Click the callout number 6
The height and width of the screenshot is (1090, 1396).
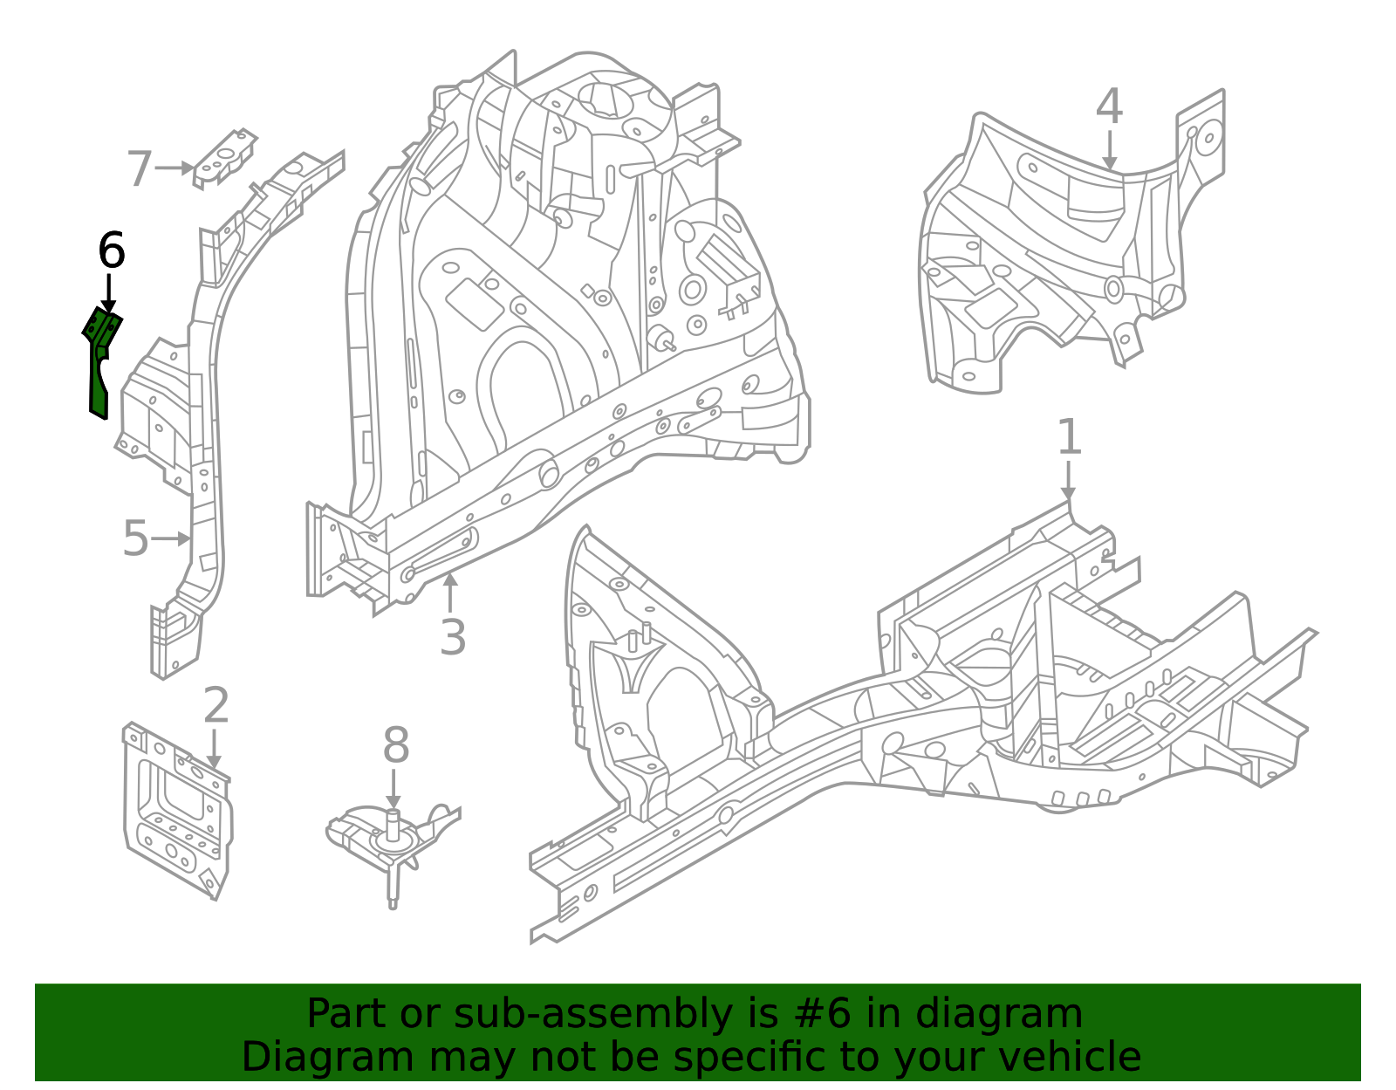[x=111, y=251]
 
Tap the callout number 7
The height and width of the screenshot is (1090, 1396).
[x=140, y=168]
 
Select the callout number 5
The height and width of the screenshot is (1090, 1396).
[x=136, y=538]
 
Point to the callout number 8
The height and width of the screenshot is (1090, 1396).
[x=395, y=747]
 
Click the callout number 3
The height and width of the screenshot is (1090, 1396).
[x=452, y=637]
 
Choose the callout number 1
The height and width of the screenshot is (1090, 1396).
[x=1069, y=437]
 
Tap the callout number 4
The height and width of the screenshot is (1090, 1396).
[x=1108, y=107]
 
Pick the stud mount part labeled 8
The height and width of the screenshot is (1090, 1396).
[x=393, y=842]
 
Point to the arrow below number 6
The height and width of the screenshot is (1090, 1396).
[x=108, y=292]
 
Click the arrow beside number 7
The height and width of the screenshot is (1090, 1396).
[x=174, y=168]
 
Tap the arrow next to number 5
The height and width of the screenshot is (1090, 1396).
[x=172, y=538]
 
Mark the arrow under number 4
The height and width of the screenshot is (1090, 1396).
[x=1108, y=150]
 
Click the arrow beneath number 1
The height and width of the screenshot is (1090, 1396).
[x=1068, y=481]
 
